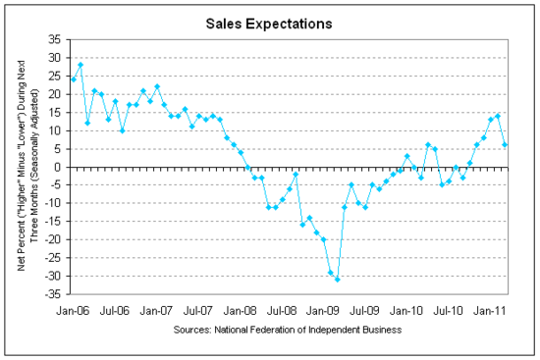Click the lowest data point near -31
pos(338,280)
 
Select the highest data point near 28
pos(81,65)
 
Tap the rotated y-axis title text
pos(26,167)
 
